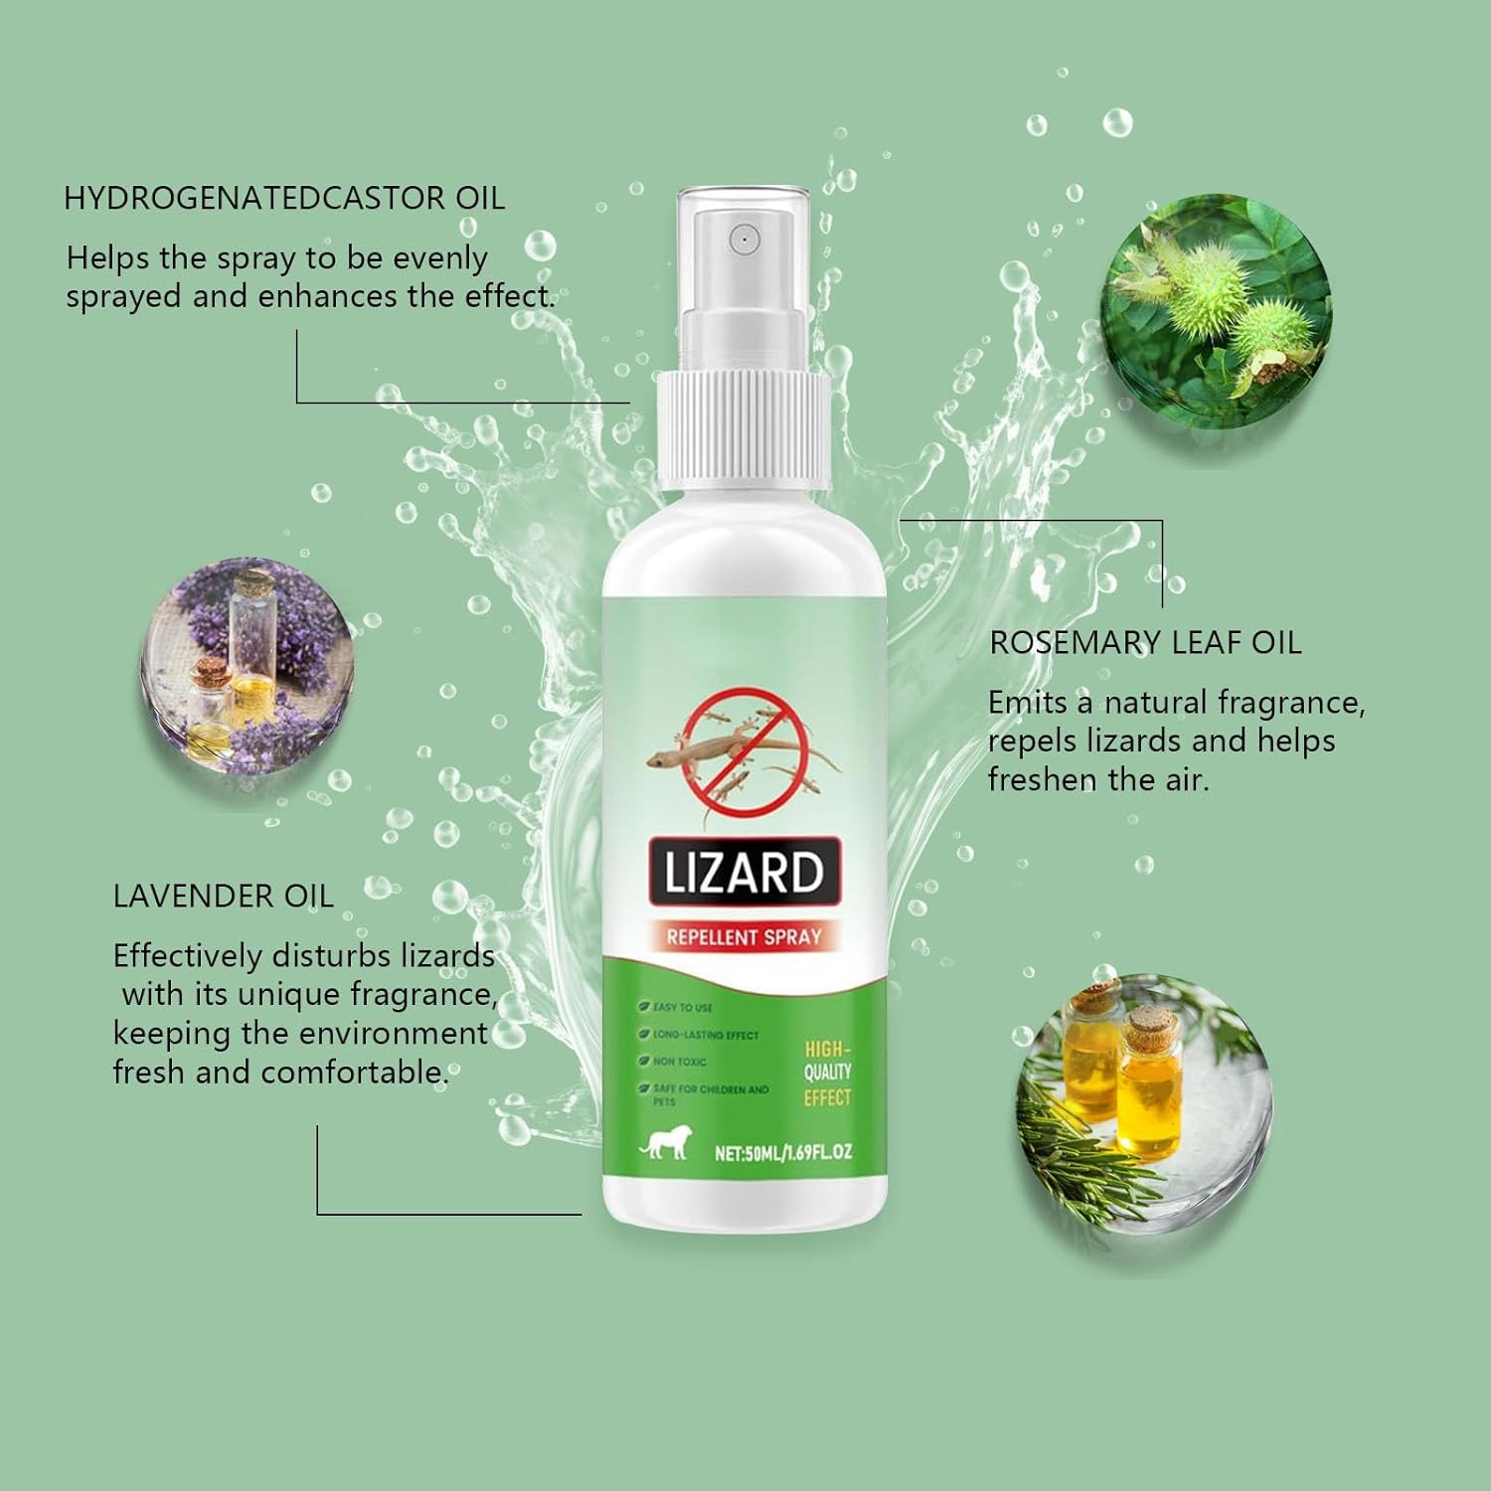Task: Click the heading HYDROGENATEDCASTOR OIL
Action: (284, 198)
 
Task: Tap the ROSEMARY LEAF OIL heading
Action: (1145, 643)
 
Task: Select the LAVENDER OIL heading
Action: (223, 896)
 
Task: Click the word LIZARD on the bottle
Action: (745, 873)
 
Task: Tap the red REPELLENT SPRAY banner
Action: (744, 936)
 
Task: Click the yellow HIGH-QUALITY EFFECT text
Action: (827, 1074)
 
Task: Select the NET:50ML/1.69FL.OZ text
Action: (783, 1153)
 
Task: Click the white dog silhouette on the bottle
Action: (664, 1146)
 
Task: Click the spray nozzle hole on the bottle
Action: (744, 239)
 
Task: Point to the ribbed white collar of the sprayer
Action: (744, 429)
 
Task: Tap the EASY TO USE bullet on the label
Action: (682, 1007)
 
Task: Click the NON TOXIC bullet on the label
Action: (679, 1062)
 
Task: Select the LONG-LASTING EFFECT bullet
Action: (705, 1035)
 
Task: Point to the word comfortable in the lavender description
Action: (353, 1073)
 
